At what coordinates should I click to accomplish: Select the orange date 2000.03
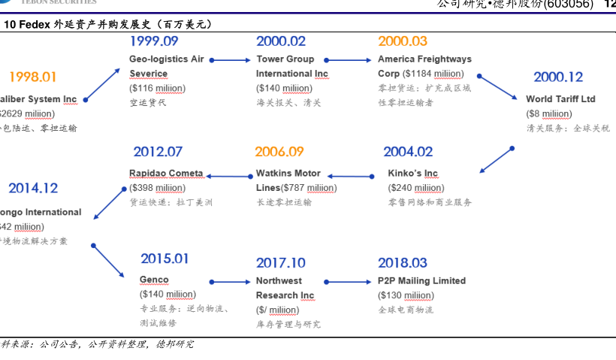[403, 41]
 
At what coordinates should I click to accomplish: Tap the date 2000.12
[558, 77]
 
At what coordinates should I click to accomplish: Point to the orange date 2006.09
[279, 152]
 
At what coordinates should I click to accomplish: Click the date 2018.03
[403, 262]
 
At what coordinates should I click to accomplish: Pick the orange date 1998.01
[32, 77]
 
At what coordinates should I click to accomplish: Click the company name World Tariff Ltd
[560, 99]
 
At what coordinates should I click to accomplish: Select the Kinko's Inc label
[412, 174]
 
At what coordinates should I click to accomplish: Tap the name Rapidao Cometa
[166, 174]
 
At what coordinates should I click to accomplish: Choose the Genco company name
[154, 280]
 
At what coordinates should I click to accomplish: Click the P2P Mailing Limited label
[421, 281]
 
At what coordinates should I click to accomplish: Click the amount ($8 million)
[549, 114]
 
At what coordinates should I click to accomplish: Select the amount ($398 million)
[157, 188]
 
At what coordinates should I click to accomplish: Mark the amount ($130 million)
[406, 295]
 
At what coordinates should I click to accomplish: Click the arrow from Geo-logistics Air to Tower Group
[230, 59]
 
